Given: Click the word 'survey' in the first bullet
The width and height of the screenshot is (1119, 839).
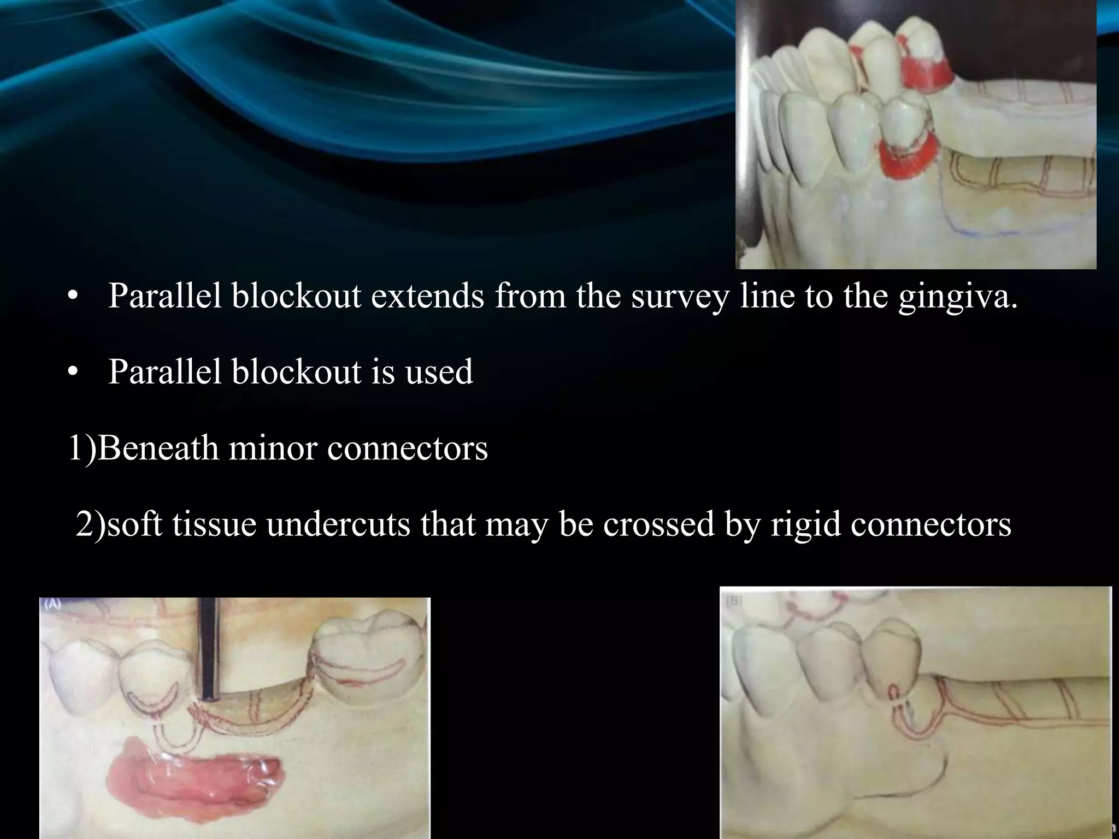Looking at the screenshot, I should click(x=680, y=297).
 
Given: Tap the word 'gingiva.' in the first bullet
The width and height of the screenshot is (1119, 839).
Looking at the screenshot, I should click(x=958, y=297).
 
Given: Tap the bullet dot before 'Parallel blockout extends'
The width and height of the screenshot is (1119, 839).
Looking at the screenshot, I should click(x=72, y=298).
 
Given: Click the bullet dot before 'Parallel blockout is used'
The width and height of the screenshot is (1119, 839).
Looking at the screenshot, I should click(x=72, y=373).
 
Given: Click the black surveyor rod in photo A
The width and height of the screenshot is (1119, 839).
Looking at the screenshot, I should click(x=210, y=650).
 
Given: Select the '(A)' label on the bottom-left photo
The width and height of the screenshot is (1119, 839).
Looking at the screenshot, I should click(x=53, y=605).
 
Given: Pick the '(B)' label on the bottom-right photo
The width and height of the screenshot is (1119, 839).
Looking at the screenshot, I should click(x=734, y=601).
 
